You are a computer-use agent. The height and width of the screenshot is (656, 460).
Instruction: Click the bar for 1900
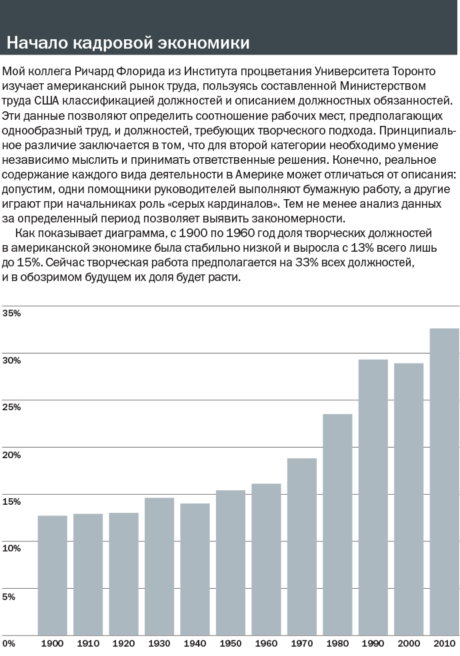[x=53, y=575]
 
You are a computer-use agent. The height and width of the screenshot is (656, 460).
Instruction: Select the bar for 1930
[x=159, y=567]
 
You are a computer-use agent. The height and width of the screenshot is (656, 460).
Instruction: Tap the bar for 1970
[x=301, y=547]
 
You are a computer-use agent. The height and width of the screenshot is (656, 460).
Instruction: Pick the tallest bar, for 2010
[x=445, y=482]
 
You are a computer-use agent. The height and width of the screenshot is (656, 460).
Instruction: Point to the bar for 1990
[x=373, y=498]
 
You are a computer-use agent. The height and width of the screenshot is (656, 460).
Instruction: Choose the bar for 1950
[x=231, y=563]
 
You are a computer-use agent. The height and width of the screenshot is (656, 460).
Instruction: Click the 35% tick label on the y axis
[x=11, y=313]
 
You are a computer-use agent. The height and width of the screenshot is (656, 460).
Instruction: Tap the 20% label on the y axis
[x=11, y=455]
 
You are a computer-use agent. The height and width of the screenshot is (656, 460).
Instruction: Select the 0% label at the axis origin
[x=9, y=643]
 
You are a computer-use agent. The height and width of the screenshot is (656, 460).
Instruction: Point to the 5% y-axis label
[x=9, y=596]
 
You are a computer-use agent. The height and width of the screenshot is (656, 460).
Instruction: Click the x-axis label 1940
[x=195, y=643]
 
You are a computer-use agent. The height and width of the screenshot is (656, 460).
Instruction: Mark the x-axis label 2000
[x=409, y=643]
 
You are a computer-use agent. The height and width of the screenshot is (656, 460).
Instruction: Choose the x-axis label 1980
[x=337, y=643]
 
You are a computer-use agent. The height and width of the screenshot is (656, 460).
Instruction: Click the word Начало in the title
[x=37, y=43]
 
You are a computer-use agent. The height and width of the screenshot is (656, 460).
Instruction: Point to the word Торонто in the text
[x=413, y=71]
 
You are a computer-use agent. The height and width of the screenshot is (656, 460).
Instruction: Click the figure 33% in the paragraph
[x=307, y=263]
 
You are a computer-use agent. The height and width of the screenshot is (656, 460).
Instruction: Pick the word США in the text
[x=44, y=101]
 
